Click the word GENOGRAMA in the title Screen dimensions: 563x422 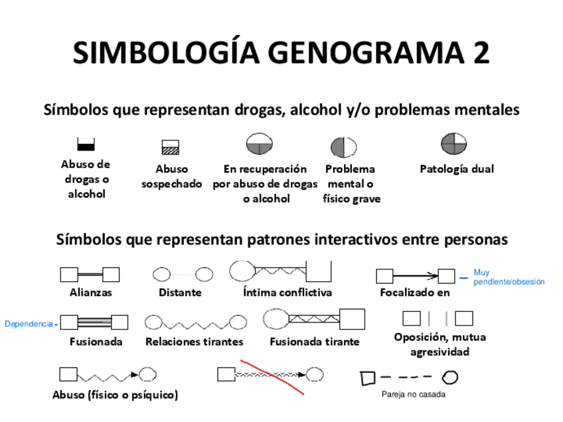(x=353, y=53)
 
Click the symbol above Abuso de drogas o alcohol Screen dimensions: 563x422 (x=86, y=145)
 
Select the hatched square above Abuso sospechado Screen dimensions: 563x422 (x=171, y=147)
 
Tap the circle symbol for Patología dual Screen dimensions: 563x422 (x=454, y=144)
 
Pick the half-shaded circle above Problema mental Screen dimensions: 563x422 (x=343, y=147)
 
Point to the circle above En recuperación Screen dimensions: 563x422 (x=260, y=145)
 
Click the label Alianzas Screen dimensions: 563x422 (x=90, y=293)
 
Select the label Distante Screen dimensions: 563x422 (x=180, y=293)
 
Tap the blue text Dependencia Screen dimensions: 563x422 (x=29, y=324)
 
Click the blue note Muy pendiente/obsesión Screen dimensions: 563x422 (x=509, y=277)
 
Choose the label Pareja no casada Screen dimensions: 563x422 (x=413, y=394)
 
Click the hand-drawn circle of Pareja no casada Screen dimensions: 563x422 (x=450, y=378)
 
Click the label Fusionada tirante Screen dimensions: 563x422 (x=314, y=342)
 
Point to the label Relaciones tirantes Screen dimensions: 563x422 (x=194, y=342)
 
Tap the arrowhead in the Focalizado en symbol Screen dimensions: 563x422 (x=432, y=275)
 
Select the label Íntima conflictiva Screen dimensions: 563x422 (x=287, y=293)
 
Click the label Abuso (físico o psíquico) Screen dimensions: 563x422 (x=115, y=395)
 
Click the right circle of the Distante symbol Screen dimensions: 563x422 (x=204, y=274)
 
